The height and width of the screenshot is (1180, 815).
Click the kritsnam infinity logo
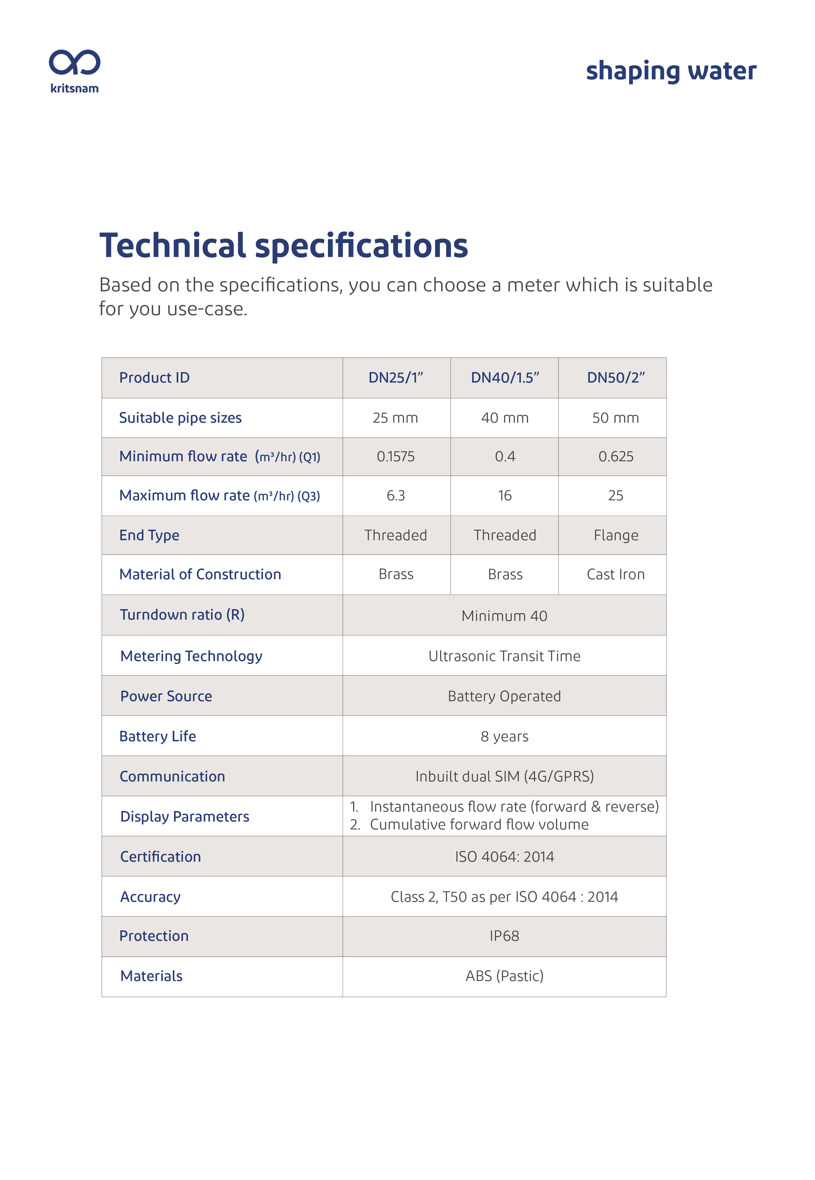click(75, 63)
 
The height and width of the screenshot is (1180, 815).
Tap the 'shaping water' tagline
click(671, 71)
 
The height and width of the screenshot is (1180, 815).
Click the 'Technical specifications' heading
click(284, 245)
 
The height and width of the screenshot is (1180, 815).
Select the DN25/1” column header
click(396, 378)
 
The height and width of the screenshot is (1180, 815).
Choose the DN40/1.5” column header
click(505, 378)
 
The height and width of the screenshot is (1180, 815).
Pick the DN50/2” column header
click(615, 378)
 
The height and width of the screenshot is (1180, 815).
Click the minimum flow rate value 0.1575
click(396, 457)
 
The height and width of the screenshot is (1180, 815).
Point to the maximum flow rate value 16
click(505, 496)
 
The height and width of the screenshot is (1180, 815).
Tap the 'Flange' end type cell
click(615, 535)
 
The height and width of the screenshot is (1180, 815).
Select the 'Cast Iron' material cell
click(615, 574)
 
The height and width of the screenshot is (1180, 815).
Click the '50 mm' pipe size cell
click(615, 418)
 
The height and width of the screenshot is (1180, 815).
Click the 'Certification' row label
click(160, 857)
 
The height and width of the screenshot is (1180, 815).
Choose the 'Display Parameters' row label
click(184, 816)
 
